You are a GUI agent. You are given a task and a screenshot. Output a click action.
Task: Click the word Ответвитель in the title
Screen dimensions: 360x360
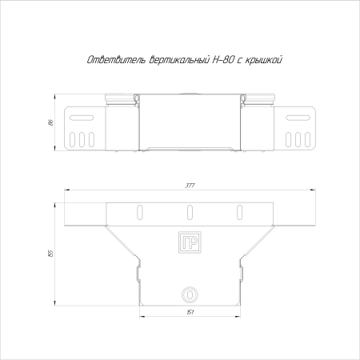coord(114,60)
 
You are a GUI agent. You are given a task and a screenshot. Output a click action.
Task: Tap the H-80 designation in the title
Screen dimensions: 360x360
coord(225,60)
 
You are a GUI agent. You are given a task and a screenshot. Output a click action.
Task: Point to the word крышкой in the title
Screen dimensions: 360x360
coord(260,60)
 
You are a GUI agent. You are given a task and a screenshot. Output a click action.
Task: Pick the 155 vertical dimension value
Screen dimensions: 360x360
coord(51,253)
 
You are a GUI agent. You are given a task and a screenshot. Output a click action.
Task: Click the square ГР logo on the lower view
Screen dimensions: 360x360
coord(190,242)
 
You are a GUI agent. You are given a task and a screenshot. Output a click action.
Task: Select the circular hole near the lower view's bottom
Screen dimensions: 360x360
coord(190,294)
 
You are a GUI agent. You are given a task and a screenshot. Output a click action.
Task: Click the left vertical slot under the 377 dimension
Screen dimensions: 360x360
coord(141,212)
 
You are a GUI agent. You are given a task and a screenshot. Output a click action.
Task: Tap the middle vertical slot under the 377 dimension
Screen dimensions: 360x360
coord(190,212)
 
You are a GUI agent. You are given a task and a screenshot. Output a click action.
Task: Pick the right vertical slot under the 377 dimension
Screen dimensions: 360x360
coord(238,212)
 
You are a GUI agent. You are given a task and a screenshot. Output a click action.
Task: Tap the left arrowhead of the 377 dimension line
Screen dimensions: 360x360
coord(66,190)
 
